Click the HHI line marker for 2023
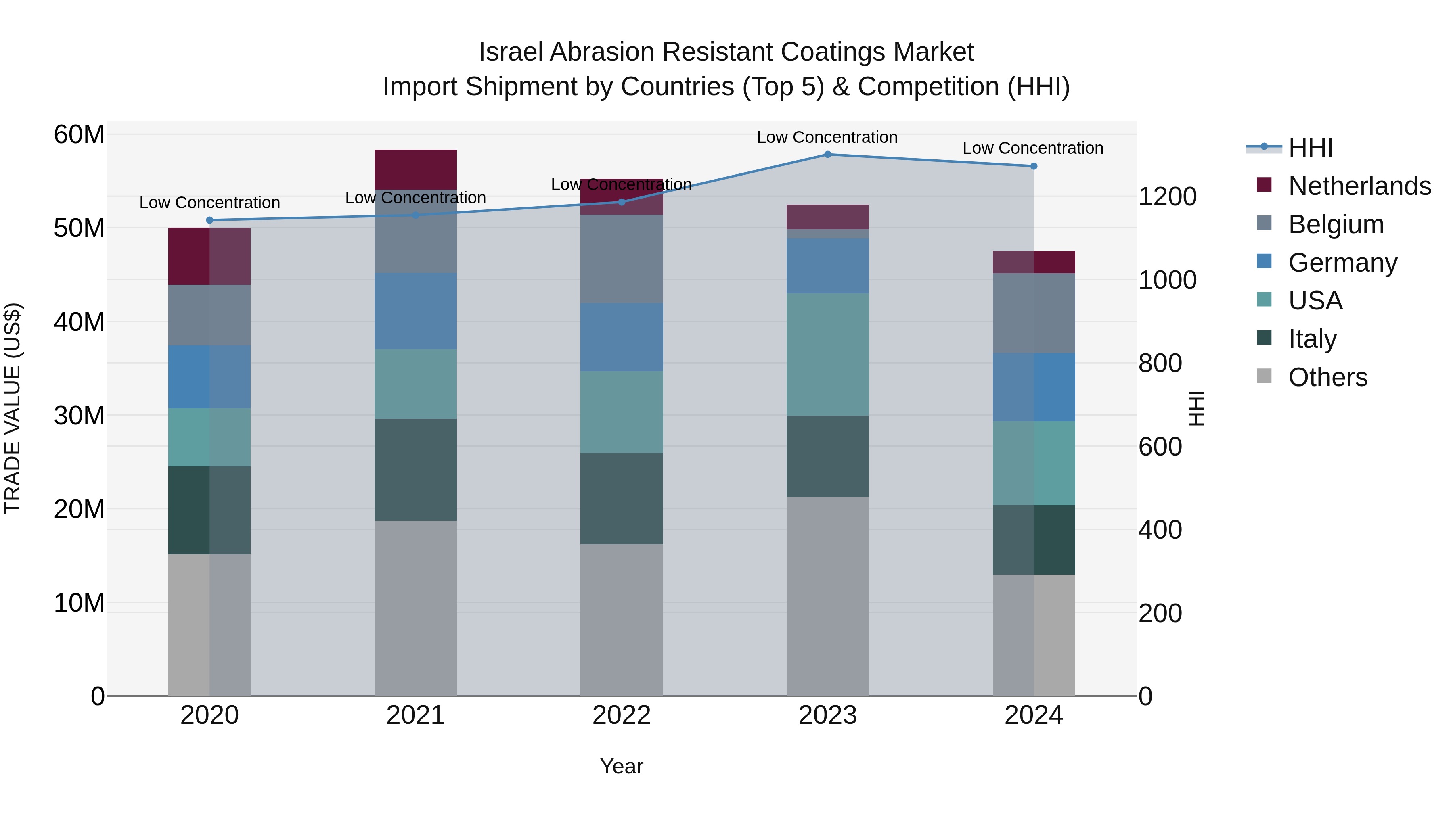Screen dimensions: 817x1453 click(x=827, y=154)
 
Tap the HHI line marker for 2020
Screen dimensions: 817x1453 click(x=209, y=220)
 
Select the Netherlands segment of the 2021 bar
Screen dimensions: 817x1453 click(x=415, y=169)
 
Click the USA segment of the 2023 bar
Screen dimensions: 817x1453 click(x=827, y=354)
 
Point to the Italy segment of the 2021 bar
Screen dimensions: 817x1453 click(x=415, y=469)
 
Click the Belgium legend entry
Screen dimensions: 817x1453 click(x=1336, y=224)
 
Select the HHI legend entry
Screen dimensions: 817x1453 click(x=1310, y=148)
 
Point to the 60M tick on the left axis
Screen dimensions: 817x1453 click(x=79, y=135)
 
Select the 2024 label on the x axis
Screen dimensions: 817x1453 click(x=1033, y=715)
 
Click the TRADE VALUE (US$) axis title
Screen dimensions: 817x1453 click(x=13, y=408)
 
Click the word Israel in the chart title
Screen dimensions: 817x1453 click(x=511, y=52)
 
